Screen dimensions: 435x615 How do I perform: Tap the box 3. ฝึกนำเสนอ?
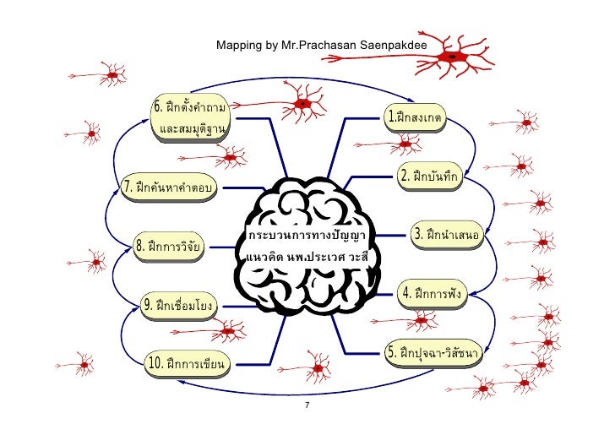(446, 232)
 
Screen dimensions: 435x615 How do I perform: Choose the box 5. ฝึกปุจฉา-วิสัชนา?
(435, 351)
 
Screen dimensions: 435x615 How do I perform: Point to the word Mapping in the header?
(236, 43)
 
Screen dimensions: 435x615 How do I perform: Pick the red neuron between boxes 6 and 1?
(302, 106)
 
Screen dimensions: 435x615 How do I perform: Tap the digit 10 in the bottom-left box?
(155, 363)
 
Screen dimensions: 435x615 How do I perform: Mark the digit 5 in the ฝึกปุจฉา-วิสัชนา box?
(392, 351)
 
